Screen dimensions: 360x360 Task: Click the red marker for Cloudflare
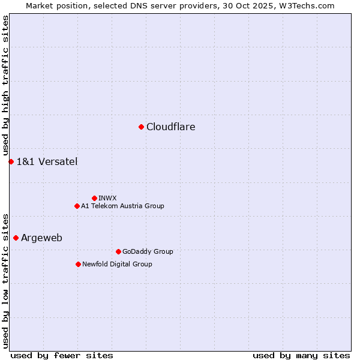coord(141,127)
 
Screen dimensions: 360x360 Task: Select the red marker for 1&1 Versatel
coord(11,161)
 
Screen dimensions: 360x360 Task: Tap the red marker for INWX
coord(94,198)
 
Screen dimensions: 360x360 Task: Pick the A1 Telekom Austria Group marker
coord(77,206)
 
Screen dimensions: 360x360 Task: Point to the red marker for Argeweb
coord(16,238)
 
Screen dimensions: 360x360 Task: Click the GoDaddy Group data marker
coord(118,251)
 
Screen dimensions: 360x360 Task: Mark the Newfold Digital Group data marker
coord(78,264)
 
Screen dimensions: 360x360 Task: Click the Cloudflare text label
coord(171,127)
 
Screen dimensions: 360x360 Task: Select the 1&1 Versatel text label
coord(47,161)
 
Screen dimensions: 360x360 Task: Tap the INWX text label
coord(107,198)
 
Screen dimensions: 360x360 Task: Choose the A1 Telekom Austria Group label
coord(122,206)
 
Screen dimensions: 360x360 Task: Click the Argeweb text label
coord(41,238)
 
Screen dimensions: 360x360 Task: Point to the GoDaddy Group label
coord(148,251)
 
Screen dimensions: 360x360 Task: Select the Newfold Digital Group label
coord(117,264)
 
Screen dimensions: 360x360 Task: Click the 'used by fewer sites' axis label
coord(62,355)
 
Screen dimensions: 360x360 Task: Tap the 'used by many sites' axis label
coord(301,355)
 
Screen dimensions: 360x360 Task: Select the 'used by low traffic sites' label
coord(5,280)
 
